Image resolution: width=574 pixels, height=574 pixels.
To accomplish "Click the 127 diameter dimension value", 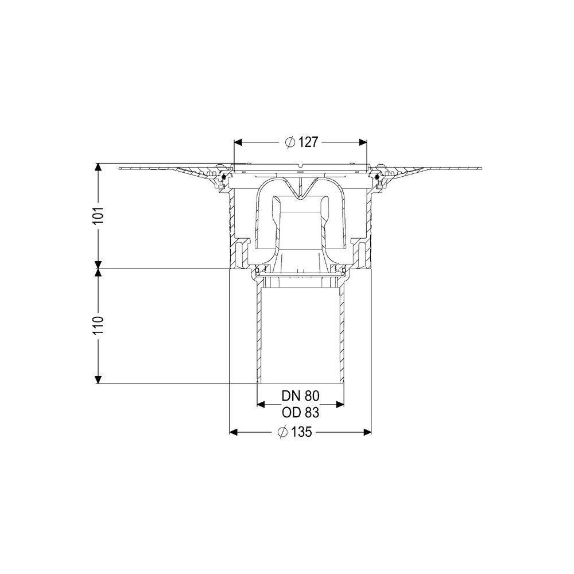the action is tap(308, 142).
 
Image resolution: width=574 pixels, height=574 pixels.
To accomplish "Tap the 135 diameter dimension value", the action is tap(302, 432).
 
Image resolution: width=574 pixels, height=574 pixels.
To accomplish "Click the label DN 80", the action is tap(301, 395).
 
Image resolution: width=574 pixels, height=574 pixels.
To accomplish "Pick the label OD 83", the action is tap(301, 413).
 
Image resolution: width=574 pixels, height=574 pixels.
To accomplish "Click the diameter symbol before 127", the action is tap(290, 142).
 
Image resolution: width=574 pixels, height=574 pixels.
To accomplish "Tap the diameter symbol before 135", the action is tap(282, 432).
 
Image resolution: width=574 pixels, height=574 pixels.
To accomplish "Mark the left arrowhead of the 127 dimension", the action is tap(238, 142).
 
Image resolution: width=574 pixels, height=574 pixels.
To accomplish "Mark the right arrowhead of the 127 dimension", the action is tap(362, 142).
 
